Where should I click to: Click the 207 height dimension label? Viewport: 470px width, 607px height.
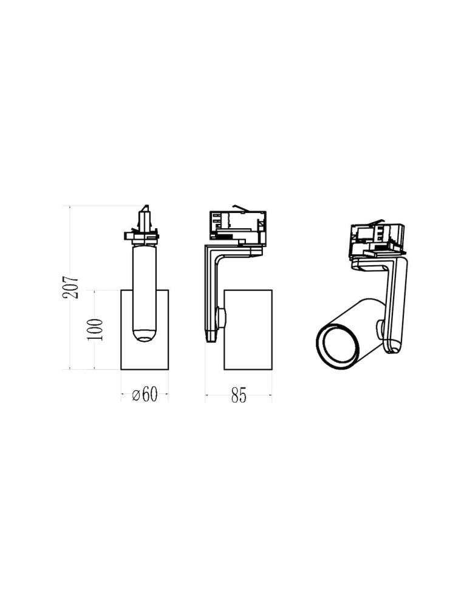click(x=72, y=287)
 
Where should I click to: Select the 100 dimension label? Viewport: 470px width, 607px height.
click(x=95, y=330)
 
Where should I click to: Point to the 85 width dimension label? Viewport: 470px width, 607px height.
click(x=239, y=395)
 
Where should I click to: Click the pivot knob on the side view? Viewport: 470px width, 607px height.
click(x=222, y=317)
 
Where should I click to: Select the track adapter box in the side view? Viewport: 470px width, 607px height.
click(x=237, y=228)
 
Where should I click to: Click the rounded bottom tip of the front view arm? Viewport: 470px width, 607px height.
click(x=145, y=335)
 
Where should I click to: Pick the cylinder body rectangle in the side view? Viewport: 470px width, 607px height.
click(x=248, y=330)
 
